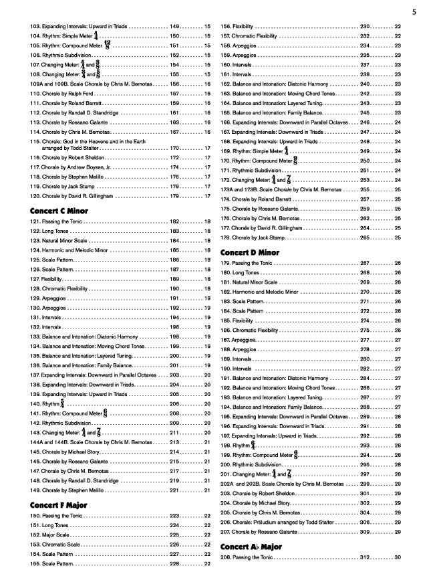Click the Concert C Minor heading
click(59, 211)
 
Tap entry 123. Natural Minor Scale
click(61, 240)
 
